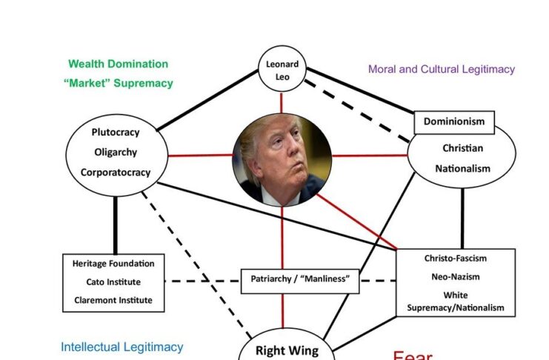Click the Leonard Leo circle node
click(282, 70)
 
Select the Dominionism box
click(454, 121)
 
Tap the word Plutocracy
click(116, 133)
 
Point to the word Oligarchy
click(116, 153)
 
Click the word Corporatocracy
click(116, 173)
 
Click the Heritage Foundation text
click(113, 264)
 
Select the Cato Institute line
click(113, 282)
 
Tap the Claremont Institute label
click(113, 301)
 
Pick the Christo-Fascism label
click(456, 259)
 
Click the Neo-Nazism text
click(456, 277)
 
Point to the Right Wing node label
click(287, 350)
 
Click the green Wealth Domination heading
click(119, 64)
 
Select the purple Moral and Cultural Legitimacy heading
click(442, 70)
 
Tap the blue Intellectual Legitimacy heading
click(122, 347)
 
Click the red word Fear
click(413, 356)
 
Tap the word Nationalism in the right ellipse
click(463, 169)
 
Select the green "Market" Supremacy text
click(119, 83)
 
